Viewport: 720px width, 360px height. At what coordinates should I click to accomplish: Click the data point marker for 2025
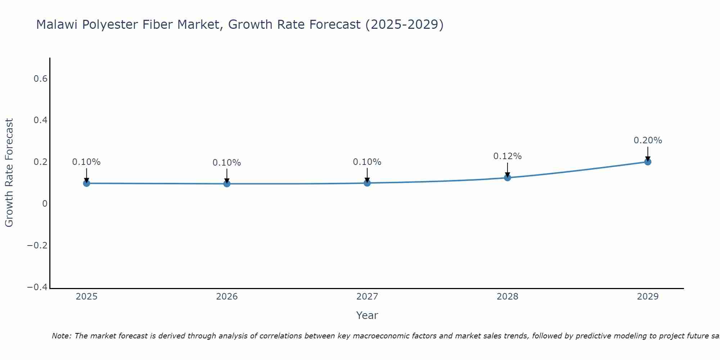pos(86,183)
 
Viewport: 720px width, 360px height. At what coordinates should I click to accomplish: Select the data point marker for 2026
pos(227,184)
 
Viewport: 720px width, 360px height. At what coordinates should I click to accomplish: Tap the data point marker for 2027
pos(367,183)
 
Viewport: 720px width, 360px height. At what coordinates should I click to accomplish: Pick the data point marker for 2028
pos(507,177)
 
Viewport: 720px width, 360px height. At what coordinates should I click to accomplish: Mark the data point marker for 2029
pos(648,162)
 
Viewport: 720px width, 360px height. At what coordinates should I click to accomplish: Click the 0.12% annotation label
pos(507,156)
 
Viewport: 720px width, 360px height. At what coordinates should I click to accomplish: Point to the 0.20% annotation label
pos(648,140)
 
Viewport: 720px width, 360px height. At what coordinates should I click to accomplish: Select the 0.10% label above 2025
pos(86,162)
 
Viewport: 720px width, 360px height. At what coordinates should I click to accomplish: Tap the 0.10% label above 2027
pos(367,162)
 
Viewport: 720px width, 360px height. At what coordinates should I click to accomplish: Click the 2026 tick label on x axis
pos(227,297)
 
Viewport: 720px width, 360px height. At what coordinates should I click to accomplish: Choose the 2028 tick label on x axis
pos(507,297)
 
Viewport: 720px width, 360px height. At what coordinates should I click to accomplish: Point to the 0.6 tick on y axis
pos(41,78)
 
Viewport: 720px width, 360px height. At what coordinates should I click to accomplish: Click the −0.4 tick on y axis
pos(37,287)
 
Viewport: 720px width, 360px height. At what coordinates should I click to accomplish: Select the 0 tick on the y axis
pos(45,204)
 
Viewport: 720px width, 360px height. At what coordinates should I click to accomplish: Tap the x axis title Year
pos(367,315)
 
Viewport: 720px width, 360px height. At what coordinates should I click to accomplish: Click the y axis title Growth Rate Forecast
pos(9,173)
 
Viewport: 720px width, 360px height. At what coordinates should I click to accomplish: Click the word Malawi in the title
pos(57,24)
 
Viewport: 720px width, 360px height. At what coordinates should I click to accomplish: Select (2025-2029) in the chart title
pos(404,24)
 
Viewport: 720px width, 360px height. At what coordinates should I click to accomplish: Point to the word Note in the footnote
pos(62,336)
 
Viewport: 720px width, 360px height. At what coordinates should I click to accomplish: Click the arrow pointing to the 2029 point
pos(648,153)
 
